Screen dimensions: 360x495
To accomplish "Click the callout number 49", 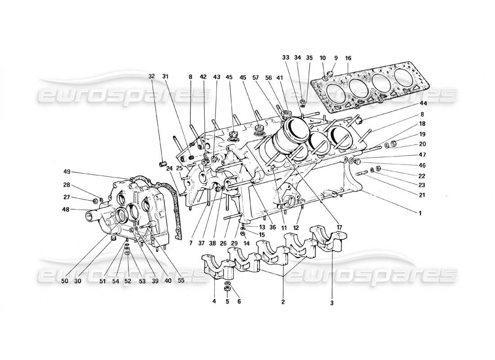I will (67, 172).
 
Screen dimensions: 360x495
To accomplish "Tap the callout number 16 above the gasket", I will (348, 58).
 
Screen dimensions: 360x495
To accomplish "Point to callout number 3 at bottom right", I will (332, 303).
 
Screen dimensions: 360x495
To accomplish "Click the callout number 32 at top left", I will (152, 76).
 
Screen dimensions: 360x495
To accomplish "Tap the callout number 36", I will (272, 227).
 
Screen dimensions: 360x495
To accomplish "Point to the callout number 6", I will (238, 301).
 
